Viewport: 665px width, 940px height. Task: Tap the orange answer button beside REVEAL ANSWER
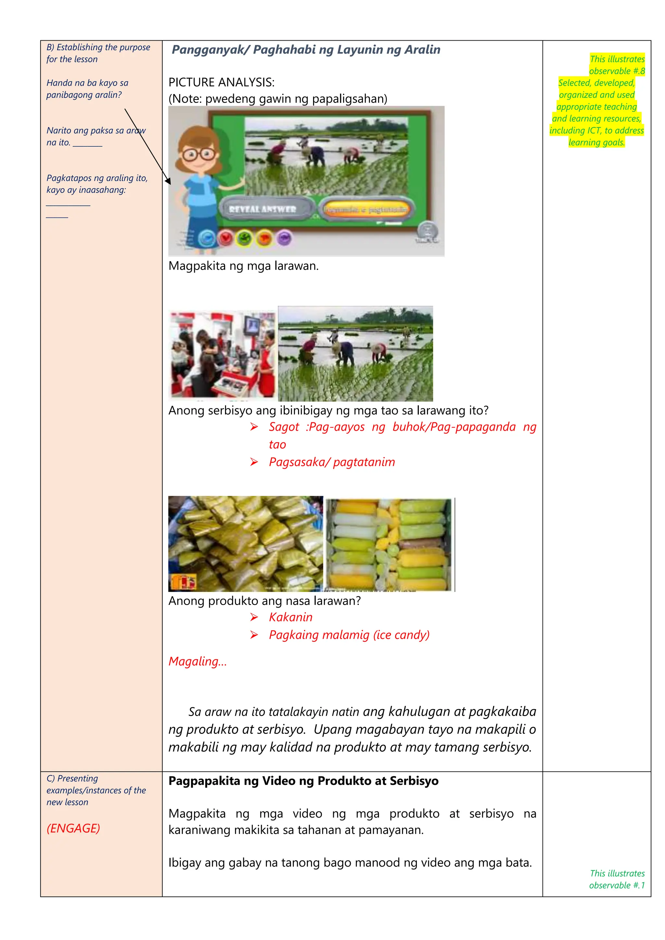click(x=366, y=209)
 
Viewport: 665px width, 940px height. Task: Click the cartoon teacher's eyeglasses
click(x=199, y=155)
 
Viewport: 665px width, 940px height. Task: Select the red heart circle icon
click(x=225, y=238)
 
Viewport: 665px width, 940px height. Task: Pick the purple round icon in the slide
click(x=284, y=238)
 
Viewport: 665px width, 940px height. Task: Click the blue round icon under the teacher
click(x=207, y=238)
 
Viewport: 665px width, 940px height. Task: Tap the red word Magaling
click(x=197, y=661)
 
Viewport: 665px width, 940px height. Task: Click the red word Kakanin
click(x=290, y=617)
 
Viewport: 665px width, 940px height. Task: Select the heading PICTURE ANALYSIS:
click(x=221, y=82)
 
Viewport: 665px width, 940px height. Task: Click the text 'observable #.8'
click(x=617, y=71)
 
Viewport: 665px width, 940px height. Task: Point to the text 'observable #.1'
click(x=617, y=885)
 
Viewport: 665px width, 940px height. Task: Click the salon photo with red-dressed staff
click(x=222, y=354)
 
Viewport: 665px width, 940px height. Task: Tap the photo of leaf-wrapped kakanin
click(x=246, y=544)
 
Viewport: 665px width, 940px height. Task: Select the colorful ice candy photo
click(x=390, y=545)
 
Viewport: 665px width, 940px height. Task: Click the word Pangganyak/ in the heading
click(x=210, y=50)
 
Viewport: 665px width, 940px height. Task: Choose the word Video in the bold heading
click(x=279, y=781)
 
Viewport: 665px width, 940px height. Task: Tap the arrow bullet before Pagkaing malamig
click(x=254, y=635)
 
